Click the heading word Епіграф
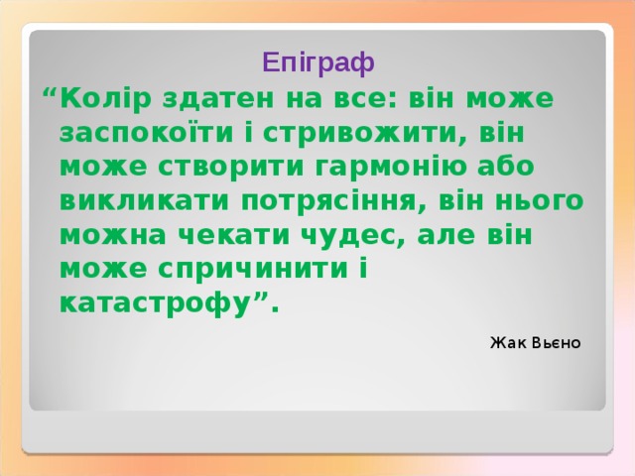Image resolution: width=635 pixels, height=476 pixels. point(318,63)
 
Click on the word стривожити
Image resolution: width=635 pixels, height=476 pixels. point(371,134)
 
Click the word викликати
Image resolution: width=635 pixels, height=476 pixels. point(145,201)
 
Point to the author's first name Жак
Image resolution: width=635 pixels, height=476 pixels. point(503,343)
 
